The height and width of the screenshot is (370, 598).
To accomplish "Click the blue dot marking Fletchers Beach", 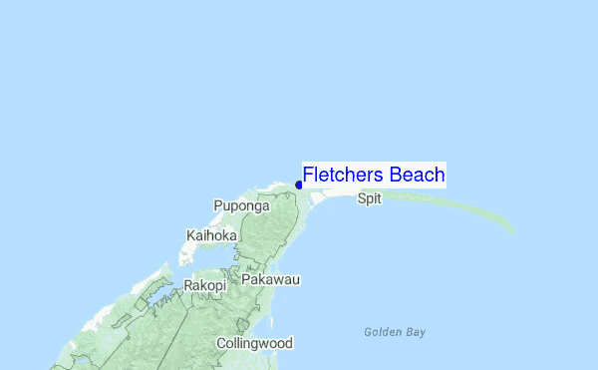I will tap(299, 185).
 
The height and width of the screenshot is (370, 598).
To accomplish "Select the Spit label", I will tap(369, 198).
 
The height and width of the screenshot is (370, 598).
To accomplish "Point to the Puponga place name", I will tap(241, 206).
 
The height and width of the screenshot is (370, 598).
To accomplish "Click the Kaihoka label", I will tap(211, 235).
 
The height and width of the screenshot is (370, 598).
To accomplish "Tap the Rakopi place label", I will tap(204, 285).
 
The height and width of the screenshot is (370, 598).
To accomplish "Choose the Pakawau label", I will tap(271, 281).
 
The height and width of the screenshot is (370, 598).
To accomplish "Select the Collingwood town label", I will tap(255, 343).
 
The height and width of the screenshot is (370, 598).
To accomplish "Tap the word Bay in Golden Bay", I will tap(416, 332).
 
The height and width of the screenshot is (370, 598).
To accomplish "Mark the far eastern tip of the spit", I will tap(514, 232).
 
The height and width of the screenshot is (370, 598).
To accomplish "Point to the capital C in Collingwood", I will tap(222, 343).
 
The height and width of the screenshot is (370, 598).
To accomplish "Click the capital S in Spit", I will tap(361, 198).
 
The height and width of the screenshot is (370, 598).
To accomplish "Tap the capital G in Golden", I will tap(368, 332).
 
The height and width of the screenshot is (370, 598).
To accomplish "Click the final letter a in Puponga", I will tap(265, 206).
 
